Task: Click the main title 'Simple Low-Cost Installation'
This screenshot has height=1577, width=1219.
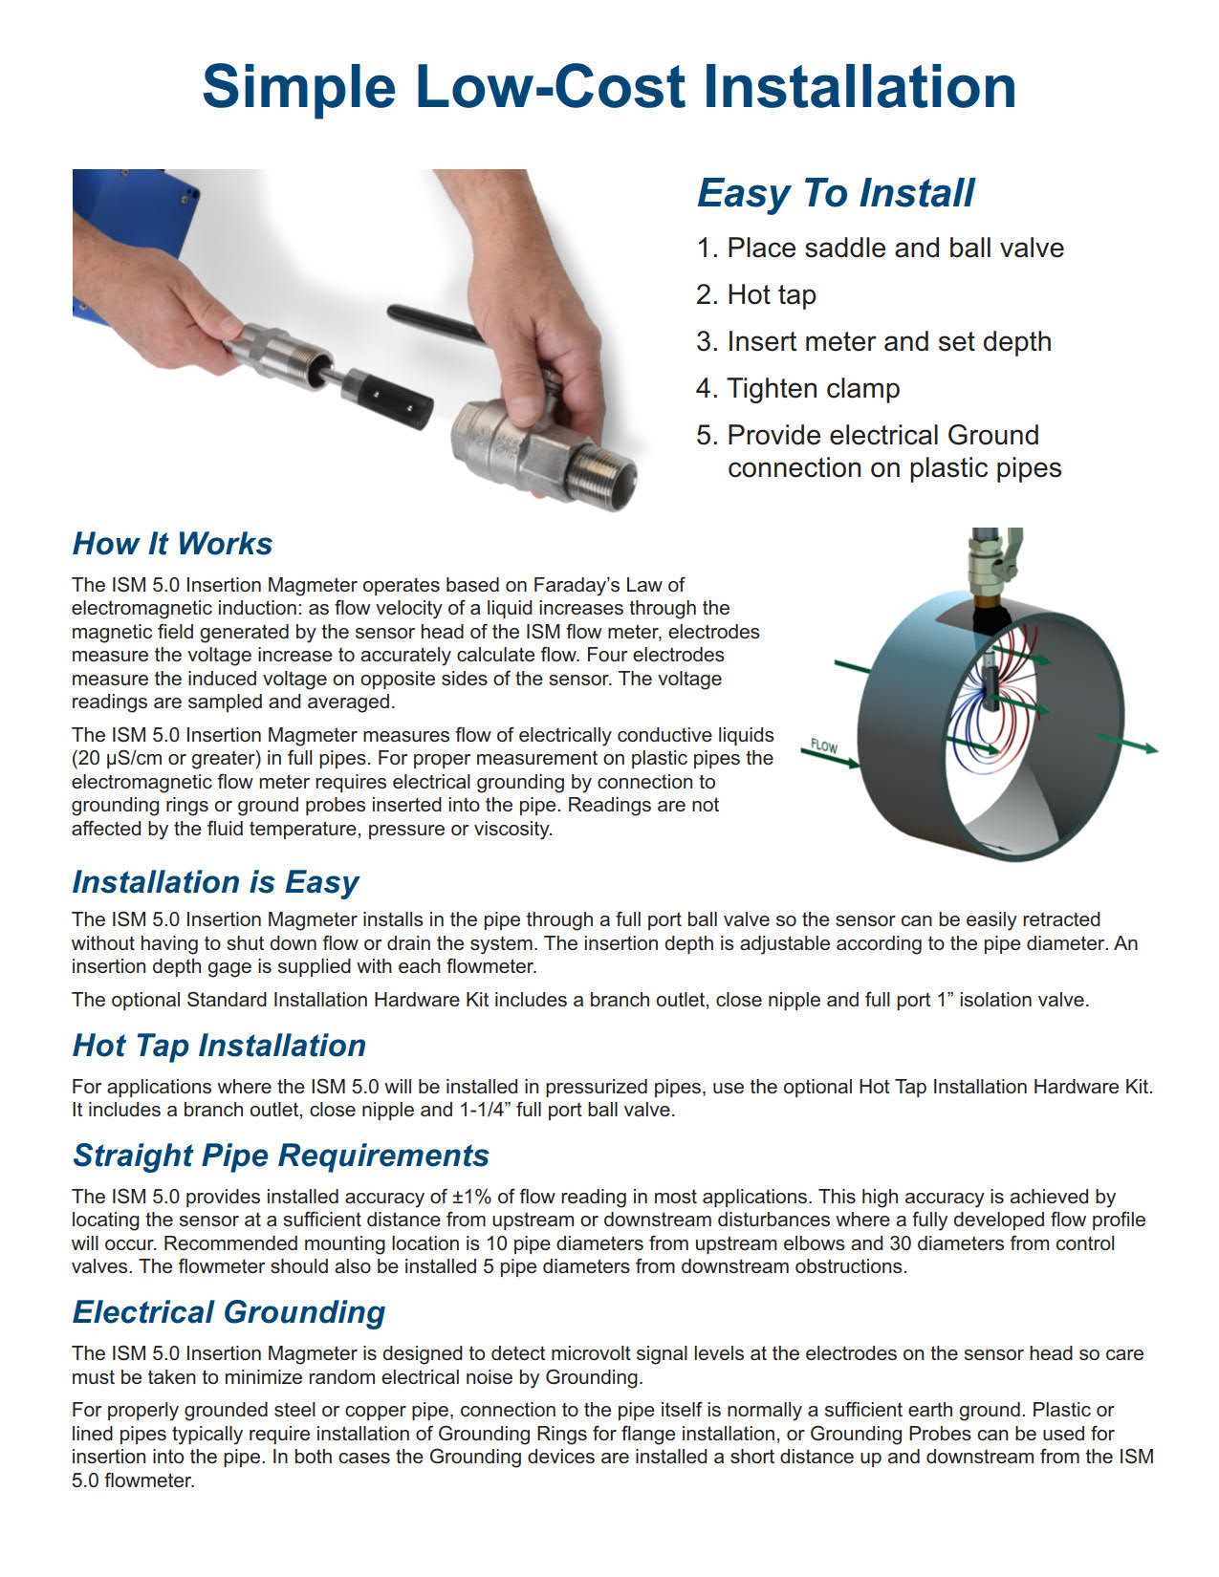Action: pyautogui.click(x=609, y=87)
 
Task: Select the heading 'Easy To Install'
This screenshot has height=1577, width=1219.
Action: pyautogui.click(x=836, y=193)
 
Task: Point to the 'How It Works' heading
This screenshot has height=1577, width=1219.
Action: pyautogui.click(x=172, y=544)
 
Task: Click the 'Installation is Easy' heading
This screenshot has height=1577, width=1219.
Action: pyautogui.click(x=215, y=881)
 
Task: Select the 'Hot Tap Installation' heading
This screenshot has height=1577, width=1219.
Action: pyautogui.click(x=219, y=1046)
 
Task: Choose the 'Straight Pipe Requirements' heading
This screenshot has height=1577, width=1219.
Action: pyautogui.click(x=281, y=1156)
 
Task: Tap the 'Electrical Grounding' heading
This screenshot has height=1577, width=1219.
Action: pyautogui.click(x=229, y=1312)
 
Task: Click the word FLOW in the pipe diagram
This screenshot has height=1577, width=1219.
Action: pyautogui.click(x=823, y=745)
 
